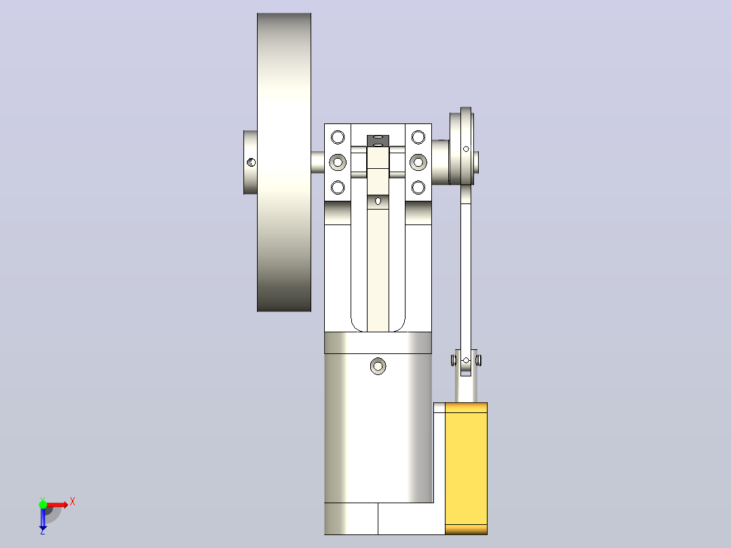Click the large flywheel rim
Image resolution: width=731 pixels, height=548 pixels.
[x=284, y=162]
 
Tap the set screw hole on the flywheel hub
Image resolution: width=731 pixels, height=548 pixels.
[x=251, y=162]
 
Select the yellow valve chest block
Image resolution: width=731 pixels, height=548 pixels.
[x=467, y=468]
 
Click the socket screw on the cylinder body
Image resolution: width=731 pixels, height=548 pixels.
[x=378, y=366]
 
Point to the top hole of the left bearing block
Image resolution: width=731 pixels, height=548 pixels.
[x=338, y=137]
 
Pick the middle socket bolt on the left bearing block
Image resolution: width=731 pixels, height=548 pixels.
[x=338, y=162]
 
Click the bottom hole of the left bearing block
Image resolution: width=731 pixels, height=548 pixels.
[x=338, y=187]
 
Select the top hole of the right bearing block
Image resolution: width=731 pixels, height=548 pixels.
[x=418, y=137]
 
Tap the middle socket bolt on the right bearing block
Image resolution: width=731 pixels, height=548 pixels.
[x=418, y=162]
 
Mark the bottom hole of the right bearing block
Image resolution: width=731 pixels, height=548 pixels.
[x=418, y=187]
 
